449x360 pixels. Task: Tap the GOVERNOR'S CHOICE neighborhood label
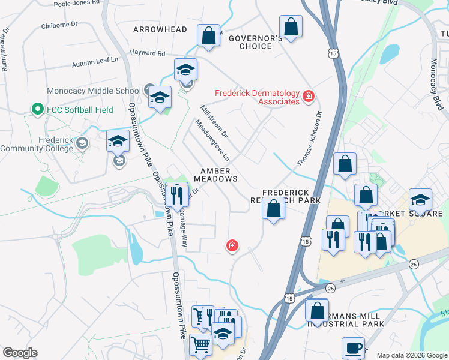click(x=255, y=42)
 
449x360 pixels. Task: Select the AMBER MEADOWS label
click(x=215, y=175)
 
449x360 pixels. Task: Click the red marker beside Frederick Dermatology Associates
click(x=309, y=96)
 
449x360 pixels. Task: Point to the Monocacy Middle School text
click(x=94, y=91)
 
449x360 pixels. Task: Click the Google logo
click(x=20, y=353)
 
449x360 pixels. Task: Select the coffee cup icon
click(x=353, y=347)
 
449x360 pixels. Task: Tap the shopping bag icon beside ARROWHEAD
click(x=209, y=35)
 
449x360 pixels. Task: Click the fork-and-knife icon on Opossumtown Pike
click(x=176, y=194)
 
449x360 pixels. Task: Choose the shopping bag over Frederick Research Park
click(x=274, y=209)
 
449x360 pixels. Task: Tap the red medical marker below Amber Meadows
click(x=231, y=245)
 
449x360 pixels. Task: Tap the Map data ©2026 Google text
click(x=411, y=355)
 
